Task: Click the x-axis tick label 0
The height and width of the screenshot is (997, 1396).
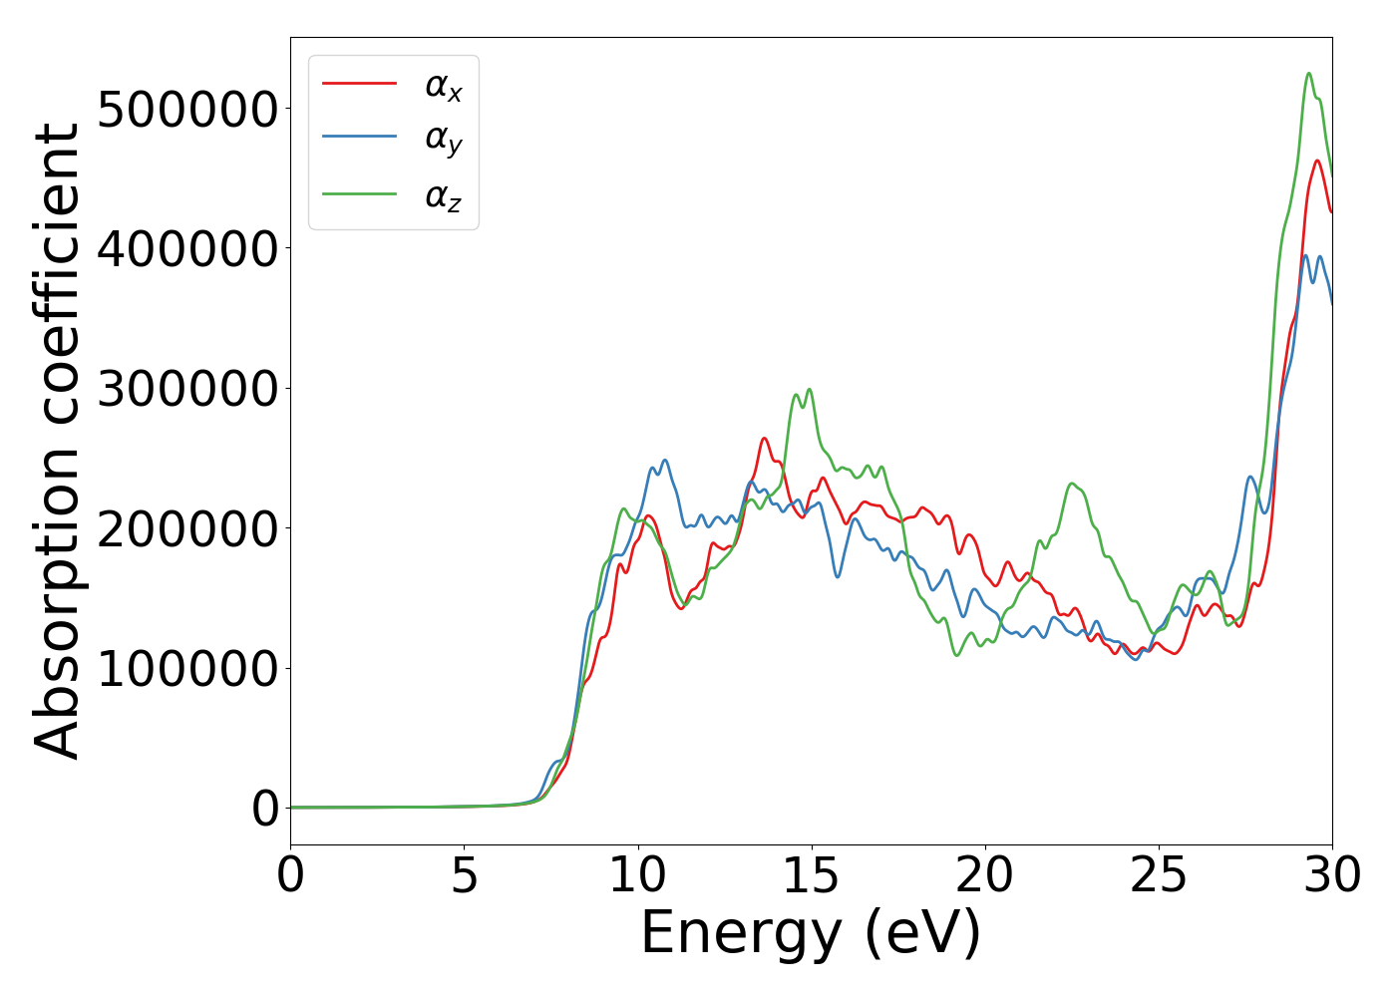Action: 290,876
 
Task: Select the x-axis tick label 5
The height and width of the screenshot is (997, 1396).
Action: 464,876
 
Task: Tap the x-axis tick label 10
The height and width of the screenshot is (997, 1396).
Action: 637,876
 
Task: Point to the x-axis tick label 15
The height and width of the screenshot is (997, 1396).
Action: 812,876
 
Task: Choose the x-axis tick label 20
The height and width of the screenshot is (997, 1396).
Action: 985,876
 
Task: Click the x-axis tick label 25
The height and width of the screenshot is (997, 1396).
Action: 1159,876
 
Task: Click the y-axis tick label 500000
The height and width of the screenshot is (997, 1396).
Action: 187,109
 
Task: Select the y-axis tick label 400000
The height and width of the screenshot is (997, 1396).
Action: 187,248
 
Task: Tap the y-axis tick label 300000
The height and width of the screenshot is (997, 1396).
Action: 187,389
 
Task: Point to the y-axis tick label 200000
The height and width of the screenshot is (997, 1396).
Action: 187,528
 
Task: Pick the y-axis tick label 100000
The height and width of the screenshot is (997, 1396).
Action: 187,668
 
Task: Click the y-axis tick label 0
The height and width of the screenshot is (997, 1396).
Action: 265,809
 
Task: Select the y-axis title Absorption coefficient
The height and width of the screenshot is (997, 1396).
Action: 57,441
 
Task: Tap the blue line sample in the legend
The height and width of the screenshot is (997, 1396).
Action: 360,139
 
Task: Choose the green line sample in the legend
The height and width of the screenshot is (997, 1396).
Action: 360,193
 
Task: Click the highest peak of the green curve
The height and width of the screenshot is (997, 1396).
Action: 1308,73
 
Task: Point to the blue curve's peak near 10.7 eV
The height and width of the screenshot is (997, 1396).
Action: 664,461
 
